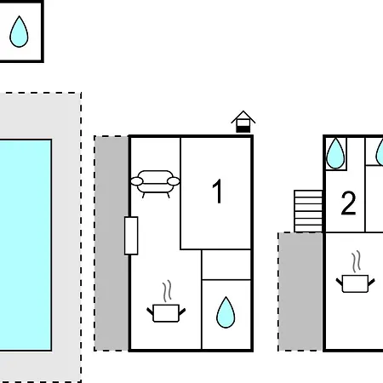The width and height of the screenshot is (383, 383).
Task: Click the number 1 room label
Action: click(218, 191)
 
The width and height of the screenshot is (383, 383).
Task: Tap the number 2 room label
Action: click(348, 203)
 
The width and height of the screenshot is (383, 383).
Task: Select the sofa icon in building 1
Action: click(155, 184)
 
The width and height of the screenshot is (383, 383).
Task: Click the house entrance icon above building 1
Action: click(243, 122)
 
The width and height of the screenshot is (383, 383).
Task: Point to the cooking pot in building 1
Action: click(166, 313)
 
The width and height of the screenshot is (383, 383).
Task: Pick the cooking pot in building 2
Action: click(355, 283)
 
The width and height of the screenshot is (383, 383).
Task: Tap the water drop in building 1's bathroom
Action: click(226, 312)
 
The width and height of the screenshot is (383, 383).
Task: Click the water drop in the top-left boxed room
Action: click(19, 31)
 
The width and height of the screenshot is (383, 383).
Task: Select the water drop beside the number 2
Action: click(335, 153)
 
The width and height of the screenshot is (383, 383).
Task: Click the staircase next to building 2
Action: click(308, 211)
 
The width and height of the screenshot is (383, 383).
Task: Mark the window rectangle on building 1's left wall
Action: click(131, 236)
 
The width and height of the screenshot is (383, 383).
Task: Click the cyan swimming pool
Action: click(26, 245)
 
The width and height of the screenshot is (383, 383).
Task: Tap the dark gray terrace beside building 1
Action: click(111, 243)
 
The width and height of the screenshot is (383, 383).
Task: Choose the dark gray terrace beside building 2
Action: click(300, 292)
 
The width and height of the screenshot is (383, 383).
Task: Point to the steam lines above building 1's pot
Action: click(168, 291)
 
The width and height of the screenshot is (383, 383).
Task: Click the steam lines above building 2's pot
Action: click(357, 261)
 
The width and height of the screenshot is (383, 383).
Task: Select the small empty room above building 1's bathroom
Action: click(226, 265)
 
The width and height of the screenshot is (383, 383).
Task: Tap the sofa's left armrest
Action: click(137, 181)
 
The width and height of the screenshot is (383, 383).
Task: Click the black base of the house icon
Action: click(243, 129)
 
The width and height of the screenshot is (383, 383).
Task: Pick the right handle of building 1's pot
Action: click(182, 312)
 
